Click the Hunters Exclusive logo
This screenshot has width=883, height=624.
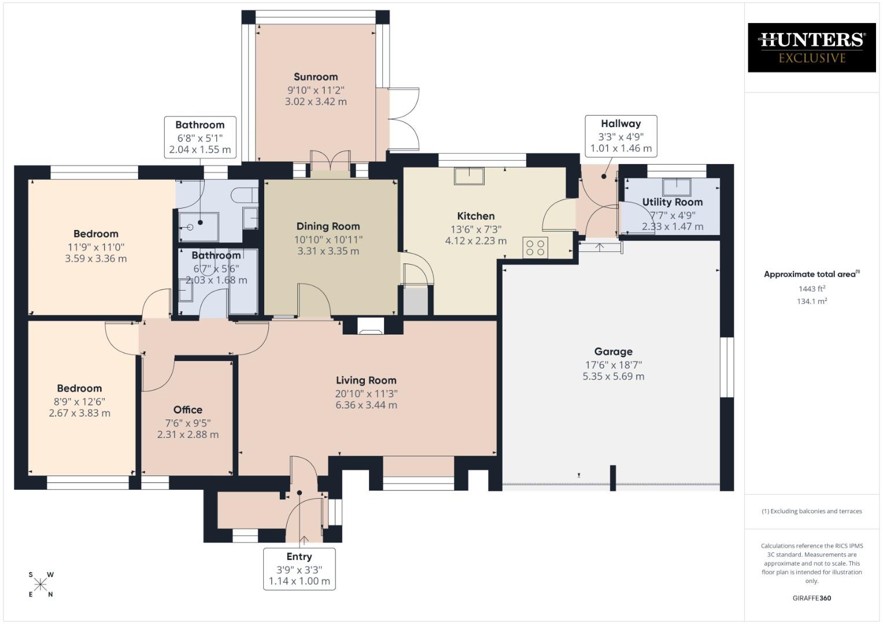click(811, 47)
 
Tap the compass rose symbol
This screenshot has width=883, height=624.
click(40, 585)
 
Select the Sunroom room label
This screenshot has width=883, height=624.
click(315, 77)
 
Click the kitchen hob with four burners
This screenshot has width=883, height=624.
click(535, 248)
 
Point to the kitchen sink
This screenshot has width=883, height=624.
click(469, 176)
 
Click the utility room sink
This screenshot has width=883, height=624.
click(676, 187)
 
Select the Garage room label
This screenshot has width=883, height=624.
click(613, 351)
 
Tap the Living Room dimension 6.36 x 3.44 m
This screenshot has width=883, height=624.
click(366, 405)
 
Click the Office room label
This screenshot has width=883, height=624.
click(188, 410)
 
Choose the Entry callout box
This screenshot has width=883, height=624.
click(299, 569)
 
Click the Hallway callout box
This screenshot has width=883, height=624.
click(620, 136)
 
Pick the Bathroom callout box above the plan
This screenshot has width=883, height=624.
click(199, 137)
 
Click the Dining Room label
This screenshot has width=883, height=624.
click(328, 226)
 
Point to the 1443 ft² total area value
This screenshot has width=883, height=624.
click(811, 288)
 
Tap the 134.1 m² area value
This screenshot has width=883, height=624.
click(811, 301)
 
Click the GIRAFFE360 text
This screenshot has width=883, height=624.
click(811, 598)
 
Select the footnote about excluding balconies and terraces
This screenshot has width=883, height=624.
click(811, 511)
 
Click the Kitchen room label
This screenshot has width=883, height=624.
click(475, 216)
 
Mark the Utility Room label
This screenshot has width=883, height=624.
click(673, 202)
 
